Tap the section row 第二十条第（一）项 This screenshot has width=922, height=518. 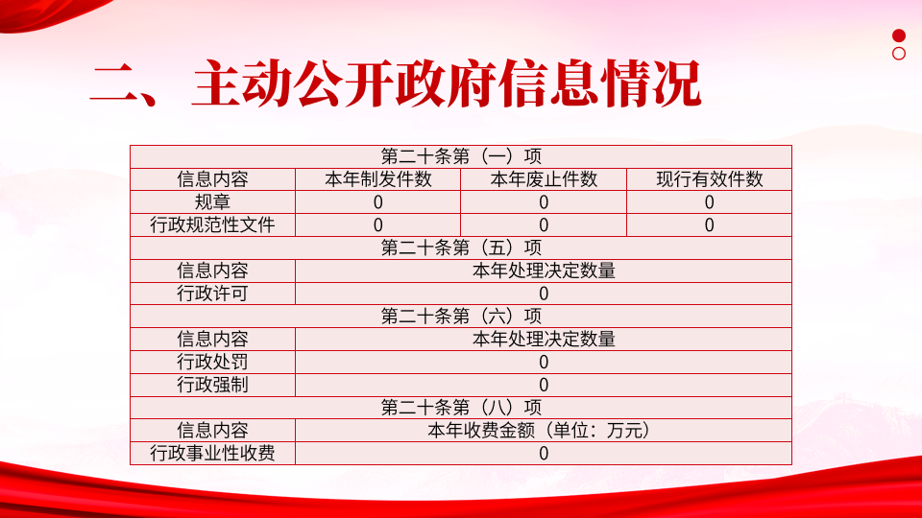461,156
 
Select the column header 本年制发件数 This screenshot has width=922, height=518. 378,179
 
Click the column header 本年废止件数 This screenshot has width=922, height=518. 544,179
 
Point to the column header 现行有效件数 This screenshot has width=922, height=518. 709,179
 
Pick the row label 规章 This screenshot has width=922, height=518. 212,202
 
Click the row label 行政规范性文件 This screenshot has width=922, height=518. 212,224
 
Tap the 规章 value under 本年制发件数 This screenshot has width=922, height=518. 378,202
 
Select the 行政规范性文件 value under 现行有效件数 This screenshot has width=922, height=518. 709,225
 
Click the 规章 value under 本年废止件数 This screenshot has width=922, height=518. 544,202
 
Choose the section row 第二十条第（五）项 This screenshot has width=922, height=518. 461,247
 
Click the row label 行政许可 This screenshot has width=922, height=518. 212,294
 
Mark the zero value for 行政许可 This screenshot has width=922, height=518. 544,294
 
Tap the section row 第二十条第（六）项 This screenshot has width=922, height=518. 461,317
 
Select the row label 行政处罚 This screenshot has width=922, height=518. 212,362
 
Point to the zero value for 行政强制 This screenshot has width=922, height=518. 544,386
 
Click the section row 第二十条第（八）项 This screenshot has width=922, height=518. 461,408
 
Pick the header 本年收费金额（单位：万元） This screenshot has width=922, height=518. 540,431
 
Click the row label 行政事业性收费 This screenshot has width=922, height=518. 212,454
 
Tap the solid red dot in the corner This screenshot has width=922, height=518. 899,35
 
